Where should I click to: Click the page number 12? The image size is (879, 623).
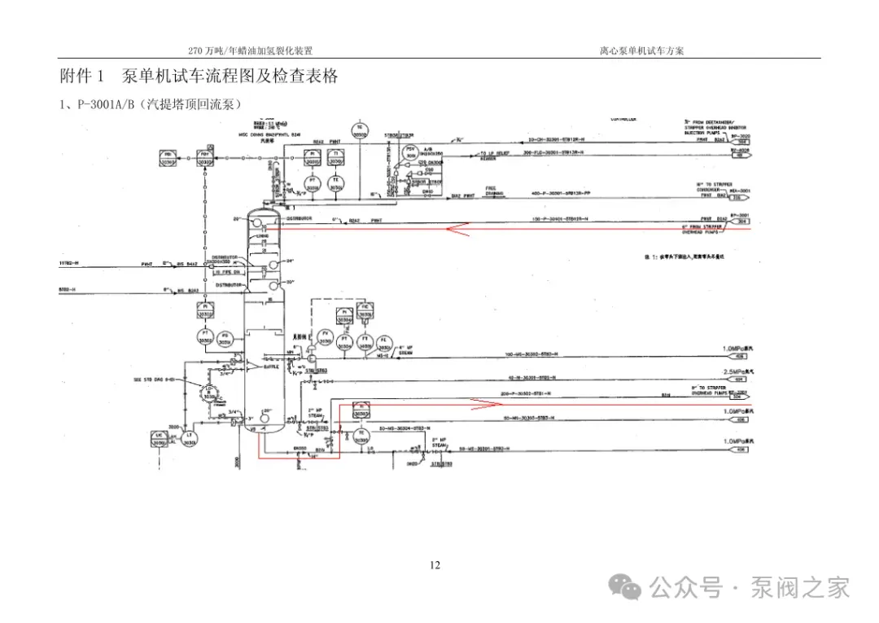pyautogui.click(x=435, y=565)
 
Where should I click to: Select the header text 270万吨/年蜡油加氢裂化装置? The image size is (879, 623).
pyautogui.click(x=250, y=50)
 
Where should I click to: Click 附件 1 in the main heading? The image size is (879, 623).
pyautogui.click(x=82, y=77)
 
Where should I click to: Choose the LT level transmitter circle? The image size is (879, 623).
pyautogui.click(x=190, y=438)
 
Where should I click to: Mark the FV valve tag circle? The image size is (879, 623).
pyautogui.click(x=326, y=336)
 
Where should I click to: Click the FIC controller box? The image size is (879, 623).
pyautogui.click(x=366, y=310)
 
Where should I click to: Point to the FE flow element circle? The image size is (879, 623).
pyautogui.click(x=387, y=340)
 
